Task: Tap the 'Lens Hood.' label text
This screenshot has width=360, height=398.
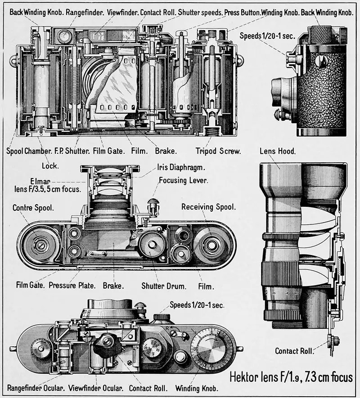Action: point(278,151)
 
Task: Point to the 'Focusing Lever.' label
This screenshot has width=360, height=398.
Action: point(183,180)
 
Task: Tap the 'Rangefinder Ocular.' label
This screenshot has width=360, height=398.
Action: point(35,388)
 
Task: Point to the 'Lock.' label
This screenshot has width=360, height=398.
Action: point(49,165)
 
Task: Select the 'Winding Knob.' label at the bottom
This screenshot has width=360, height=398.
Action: point(197,388)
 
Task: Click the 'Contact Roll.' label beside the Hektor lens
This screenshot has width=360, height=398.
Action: point(294,351)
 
